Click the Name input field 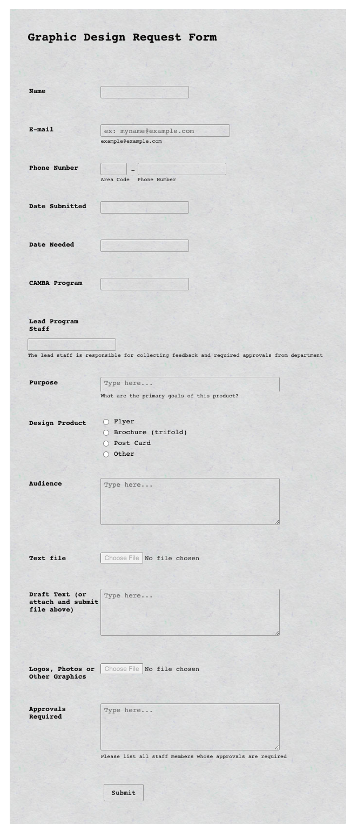(x=144, y=92)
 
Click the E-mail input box (x=165, y=131)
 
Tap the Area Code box (x=113, y=169)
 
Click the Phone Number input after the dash (x=181, y=169)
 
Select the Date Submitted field (x=144, y=207)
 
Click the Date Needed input (x=144, y=245)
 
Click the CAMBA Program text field (x=144, y=284)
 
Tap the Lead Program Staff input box (x=71, y=344)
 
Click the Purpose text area (x=190, y=384)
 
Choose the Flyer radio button (x=106, y=422)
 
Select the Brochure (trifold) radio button (x=106, y=433)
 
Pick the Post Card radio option (x=106, y=443)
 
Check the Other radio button (x=106, y=454)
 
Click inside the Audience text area (x=190, y=501)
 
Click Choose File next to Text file (x=122, y=558)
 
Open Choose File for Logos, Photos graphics (x=122, y=669)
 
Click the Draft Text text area (x=190, y=612)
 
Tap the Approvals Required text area (x=190, y=726)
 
